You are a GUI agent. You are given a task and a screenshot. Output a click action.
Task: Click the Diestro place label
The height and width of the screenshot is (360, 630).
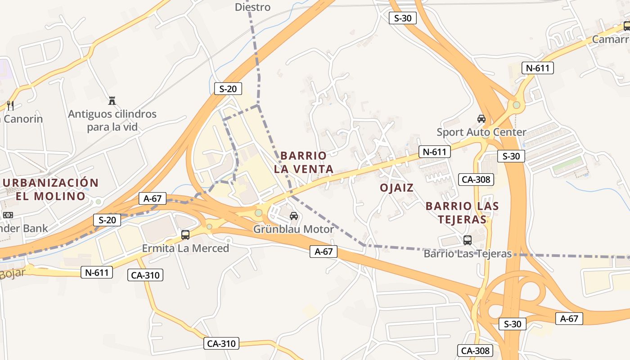click(x=252, y=7)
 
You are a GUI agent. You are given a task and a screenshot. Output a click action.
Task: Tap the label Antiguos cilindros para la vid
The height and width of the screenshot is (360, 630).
click(x=112, y=120)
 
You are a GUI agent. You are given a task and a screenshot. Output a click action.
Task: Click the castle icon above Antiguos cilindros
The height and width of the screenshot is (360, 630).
click(x=112, y=100)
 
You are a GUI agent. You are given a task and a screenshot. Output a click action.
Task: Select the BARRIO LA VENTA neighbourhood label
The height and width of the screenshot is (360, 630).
click(x=303, y=162)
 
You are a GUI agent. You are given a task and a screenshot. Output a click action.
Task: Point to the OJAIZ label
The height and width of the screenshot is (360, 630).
click(x=396, y=188)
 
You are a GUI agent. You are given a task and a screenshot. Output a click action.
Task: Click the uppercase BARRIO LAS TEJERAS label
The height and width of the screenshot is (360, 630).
click(x=462, y=213)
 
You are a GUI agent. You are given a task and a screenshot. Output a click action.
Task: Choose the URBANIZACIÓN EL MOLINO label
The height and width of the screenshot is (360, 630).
click(x=50, y=189)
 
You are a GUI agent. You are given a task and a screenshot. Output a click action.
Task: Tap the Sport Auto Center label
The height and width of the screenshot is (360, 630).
click(x=481, y=132)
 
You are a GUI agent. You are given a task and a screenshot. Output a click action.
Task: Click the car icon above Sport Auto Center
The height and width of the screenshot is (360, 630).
click(x=481, y=119)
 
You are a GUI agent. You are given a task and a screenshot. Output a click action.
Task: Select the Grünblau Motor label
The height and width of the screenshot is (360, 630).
click(x=293, y=229)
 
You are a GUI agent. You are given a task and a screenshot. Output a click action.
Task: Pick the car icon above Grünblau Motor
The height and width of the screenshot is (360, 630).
click(x=294, y=216)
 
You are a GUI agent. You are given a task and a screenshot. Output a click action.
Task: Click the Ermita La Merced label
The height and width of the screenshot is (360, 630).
click(x=185, y=248)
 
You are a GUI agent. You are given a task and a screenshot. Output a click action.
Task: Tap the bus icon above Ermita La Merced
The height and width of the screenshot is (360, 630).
click(x=185, y=234)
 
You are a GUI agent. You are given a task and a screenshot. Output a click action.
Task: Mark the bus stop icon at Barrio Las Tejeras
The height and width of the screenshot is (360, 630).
click(x=468, y=240)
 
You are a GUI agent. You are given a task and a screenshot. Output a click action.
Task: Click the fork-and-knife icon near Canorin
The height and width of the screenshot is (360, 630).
click(x=10, y=106)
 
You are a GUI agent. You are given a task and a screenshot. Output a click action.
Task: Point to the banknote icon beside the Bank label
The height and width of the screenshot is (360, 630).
click(x=8, y=215)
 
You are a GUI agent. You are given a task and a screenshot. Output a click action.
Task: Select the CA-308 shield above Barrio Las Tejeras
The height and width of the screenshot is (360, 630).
click(x=476, y=180)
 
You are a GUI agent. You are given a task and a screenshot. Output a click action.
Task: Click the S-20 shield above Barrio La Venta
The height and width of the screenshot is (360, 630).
click(x=228, y=89)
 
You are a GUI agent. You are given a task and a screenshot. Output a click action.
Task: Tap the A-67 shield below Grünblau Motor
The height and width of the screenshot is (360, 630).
click(x=324, y=252)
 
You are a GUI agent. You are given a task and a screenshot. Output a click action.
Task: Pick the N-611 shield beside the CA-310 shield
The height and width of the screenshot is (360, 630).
click(x=97, y=272)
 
